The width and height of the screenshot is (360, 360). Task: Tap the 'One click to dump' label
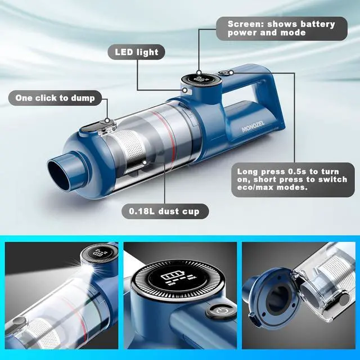point(55,98)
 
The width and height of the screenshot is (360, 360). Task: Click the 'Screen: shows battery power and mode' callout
point(281,28)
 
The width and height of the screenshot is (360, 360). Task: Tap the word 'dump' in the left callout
point(88,98)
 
